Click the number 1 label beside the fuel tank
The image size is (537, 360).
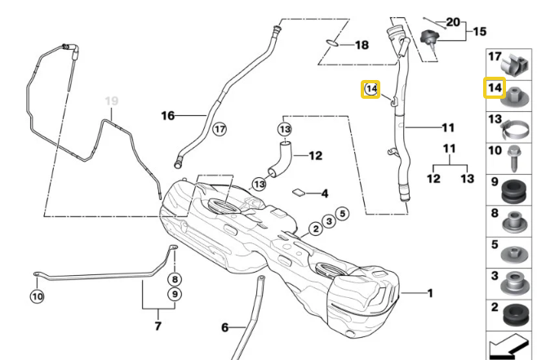(x=430, y=293)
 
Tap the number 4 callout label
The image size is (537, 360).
(x=325, y=193)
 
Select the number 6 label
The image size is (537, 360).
(x=224, y=327)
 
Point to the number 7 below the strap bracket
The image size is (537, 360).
(x=158, y=326)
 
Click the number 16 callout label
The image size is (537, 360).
(x=168, y=116)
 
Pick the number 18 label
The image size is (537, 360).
(x=362, y=45)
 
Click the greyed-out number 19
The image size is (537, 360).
(x=112, y=100)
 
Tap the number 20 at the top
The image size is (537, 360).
(x=453, y=22)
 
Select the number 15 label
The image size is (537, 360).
(x=480, y=32)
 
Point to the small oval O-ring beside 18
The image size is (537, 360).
(x=332, y=43)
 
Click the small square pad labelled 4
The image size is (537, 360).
(x=299, y=192)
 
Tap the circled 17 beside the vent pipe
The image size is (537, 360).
(x=220, y=129)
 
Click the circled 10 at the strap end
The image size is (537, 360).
(x=38, y=296)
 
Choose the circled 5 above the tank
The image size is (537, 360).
(x=343, y=214)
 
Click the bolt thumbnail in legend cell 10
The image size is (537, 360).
(x=513, y=158)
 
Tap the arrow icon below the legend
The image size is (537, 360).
(x=508, y=347)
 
